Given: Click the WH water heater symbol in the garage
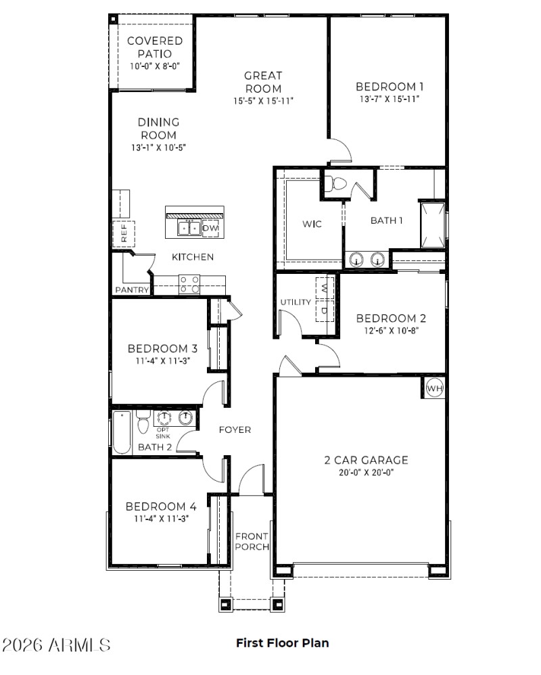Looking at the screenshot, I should tap(433, 389).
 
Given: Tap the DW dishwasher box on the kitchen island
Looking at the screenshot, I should tap(211, 229).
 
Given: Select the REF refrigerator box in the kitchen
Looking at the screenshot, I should tap(124, 233).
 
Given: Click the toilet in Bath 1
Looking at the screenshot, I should tap(335, 183).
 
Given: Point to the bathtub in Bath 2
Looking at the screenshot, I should tap(122, 432).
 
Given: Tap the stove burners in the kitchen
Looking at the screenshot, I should tap(190, 284).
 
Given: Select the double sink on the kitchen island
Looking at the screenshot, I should tap(189, 229).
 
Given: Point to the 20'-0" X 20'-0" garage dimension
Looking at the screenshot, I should tap(365, 473).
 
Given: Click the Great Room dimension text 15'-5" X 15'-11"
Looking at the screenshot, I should tap(263, 101).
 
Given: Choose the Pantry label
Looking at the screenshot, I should tap(131, 289).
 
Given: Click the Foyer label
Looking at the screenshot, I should tap(235, 429).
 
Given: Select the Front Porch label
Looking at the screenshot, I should tap(252, 541).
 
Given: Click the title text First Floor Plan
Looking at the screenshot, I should tap(282, 643).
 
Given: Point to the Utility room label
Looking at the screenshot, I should tap(296, 302).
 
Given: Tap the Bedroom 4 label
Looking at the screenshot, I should tap(162, 506).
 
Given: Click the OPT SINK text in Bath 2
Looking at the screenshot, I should tap(163, 433).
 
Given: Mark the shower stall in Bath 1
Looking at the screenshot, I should tap(432, 223).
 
